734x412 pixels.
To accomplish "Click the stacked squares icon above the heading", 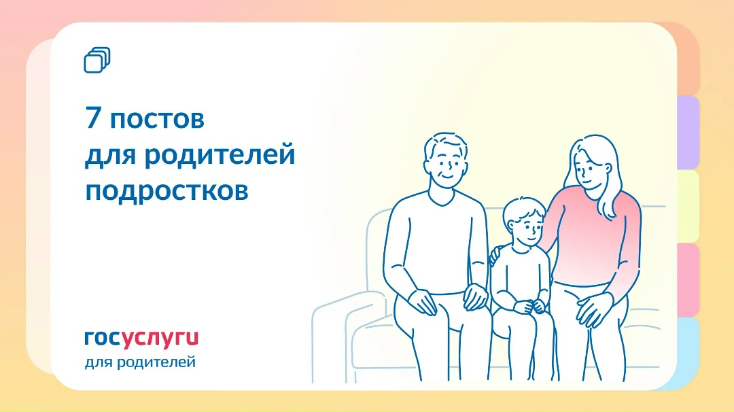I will (97, 60).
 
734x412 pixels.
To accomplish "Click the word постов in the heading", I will (156, 120).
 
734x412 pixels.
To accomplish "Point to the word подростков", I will (167, 191).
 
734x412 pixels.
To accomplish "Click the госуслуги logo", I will (141, 338).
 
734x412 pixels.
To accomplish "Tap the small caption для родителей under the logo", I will (140, 362).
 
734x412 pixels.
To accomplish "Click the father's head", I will (446, 160).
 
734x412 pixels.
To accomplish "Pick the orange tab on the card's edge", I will (688, 61).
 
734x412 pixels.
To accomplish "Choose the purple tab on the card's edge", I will (688, 133).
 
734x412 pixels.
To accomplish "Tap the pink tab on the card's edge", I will (688, 279).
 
